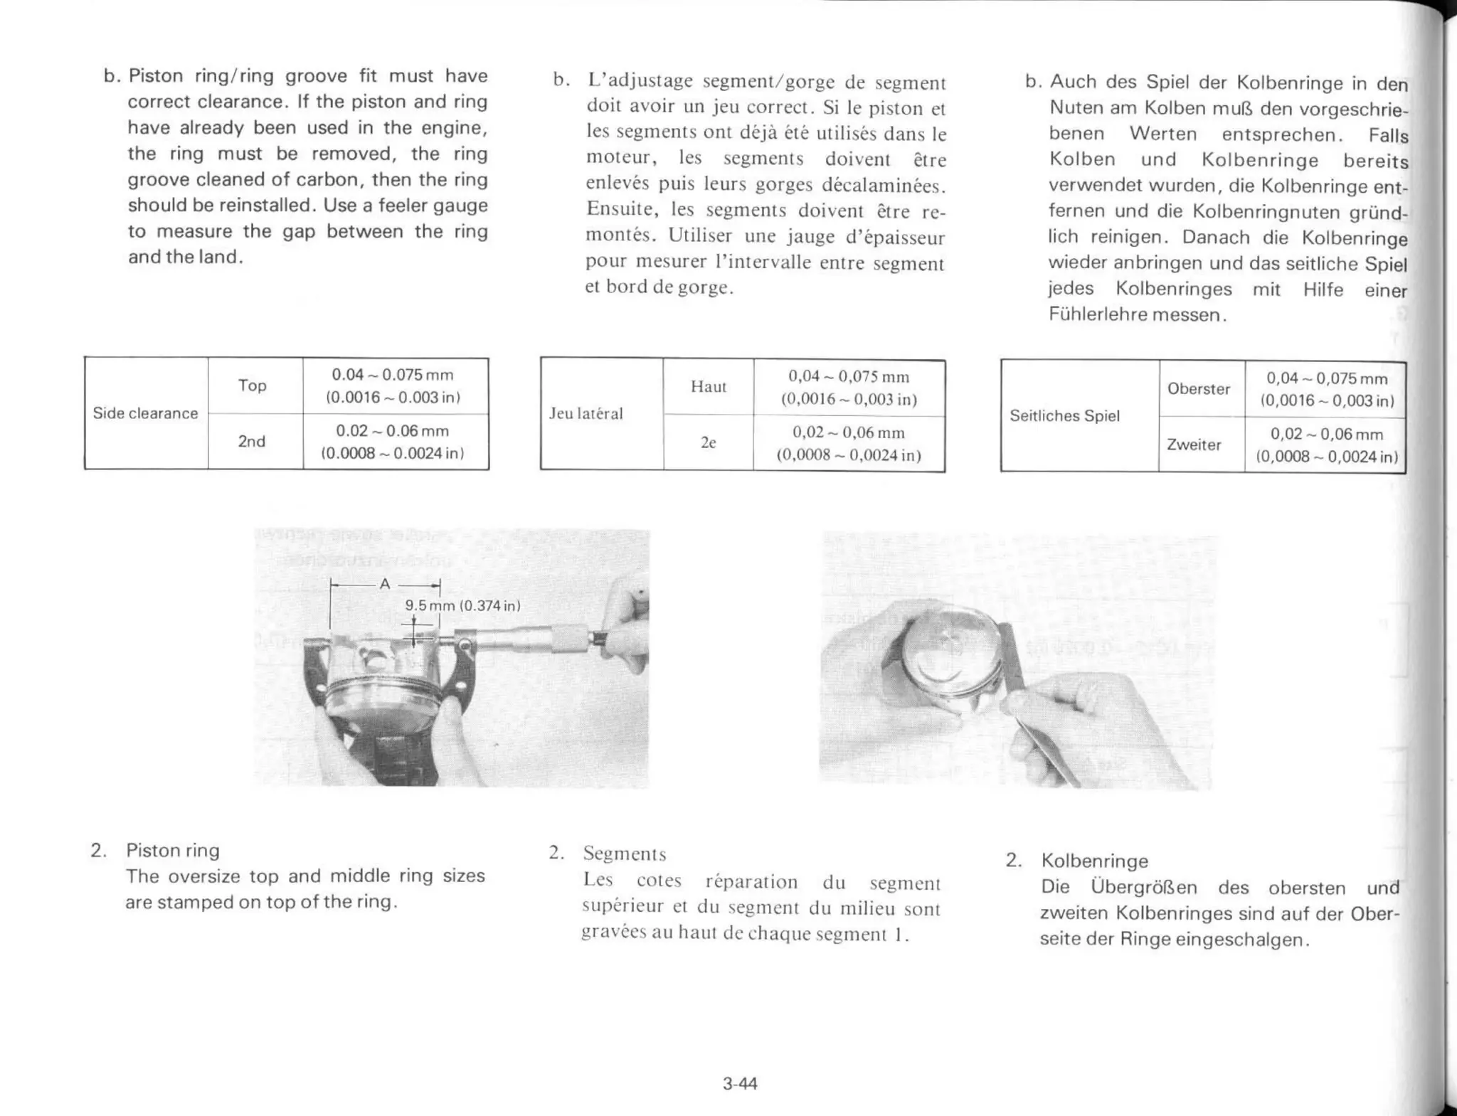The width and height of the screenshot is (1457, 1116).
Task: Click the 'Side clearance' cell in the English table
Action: [145, 413]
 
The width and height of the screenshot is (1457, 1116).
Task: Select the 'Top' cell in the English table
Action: [252, 386]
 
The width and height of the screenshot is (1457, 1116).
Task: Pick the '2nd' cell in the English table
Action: [251, 442]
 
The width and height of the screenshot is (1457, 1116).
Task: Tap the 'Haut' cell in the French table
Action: [708, 387]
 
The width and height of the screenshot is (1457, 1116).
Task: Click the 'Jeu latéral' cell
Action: [586, 414]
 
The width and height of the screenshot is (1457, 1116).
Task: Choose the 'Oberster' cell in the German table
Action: [1198, 389]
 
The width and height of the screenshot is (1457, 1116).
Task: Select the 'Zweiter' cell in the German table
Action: [1193, 445]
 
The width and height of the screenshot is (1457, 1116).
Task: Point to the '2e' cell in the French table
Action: [708, 442]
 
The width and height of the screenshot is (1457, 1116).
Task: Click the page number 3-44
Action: [739, 1083]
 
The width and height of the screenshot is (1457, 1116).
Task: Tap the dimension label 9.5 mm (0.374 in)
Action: [462, 606]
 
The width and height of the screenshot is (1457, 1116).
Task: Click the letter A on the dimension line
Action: [385, 585]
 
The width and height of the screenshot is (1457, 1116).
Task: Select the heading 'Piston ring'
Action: [172, 851]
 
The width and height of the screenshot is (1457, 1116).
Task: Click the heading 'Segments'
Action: [624, 854]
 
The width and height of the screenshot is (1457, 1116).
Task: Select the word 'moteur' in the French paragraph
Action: [617, 158]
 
